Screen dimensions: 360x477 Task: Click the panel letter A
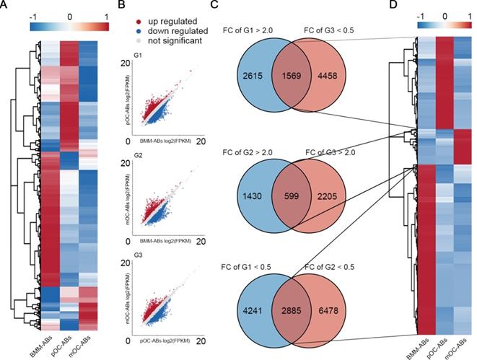(6, 6)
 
